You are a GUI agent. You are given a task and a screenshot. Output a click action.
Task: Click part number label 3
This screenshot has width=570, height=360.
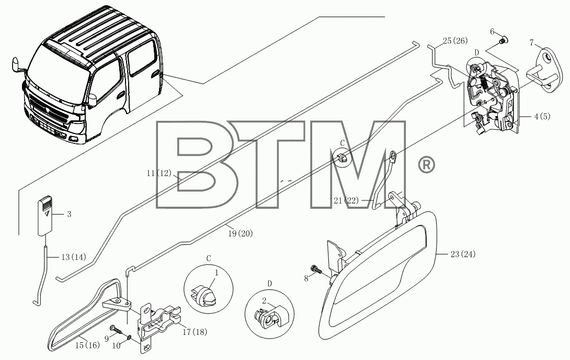[69, 214]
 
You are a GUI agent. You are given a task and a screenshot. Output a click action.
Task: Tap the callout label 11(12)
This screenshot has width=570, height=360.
[159, 173]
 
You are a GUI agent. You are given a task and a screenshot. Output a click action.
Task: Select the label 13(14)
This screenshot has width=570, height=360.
[74, 257]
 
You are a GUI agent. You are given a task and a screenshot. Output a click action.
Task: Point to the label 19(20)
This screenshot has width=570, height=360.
[240, 233]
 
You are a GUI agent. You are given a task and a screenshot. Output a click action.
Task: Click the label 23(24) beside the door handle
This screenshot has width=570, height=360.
[463, 254]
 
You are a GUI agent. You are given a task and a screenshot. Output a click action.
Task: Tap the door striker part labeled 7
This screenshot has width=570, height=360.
[544, 70]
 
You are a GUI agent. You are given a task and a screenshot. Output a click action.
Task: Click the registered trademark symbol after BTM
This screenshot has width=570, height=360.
[427, 165]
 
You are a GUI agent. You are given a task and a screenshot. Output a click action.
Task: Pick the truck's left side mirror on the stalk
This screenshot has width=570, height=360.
[16, 64]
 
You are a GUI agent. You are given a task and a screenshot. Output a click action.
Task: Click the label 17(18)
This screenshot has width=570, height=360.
[195, 332]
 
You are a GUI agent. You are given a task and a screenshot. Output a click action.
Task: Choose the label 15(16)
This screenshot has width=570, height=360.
[87, 345]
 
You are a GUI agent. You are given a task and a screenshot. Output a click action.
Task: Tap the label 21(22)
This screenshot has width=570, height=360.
[346, 200]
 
